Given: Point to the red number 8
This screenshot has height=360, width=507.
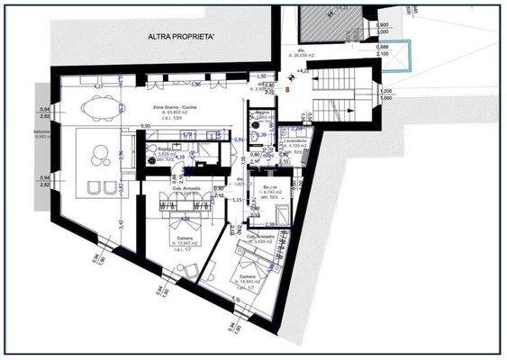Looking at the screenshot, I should [x=285, y=89].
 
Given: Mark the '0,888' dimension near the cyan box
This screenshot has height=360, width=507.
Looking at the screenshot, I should [x=383, y=46].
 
